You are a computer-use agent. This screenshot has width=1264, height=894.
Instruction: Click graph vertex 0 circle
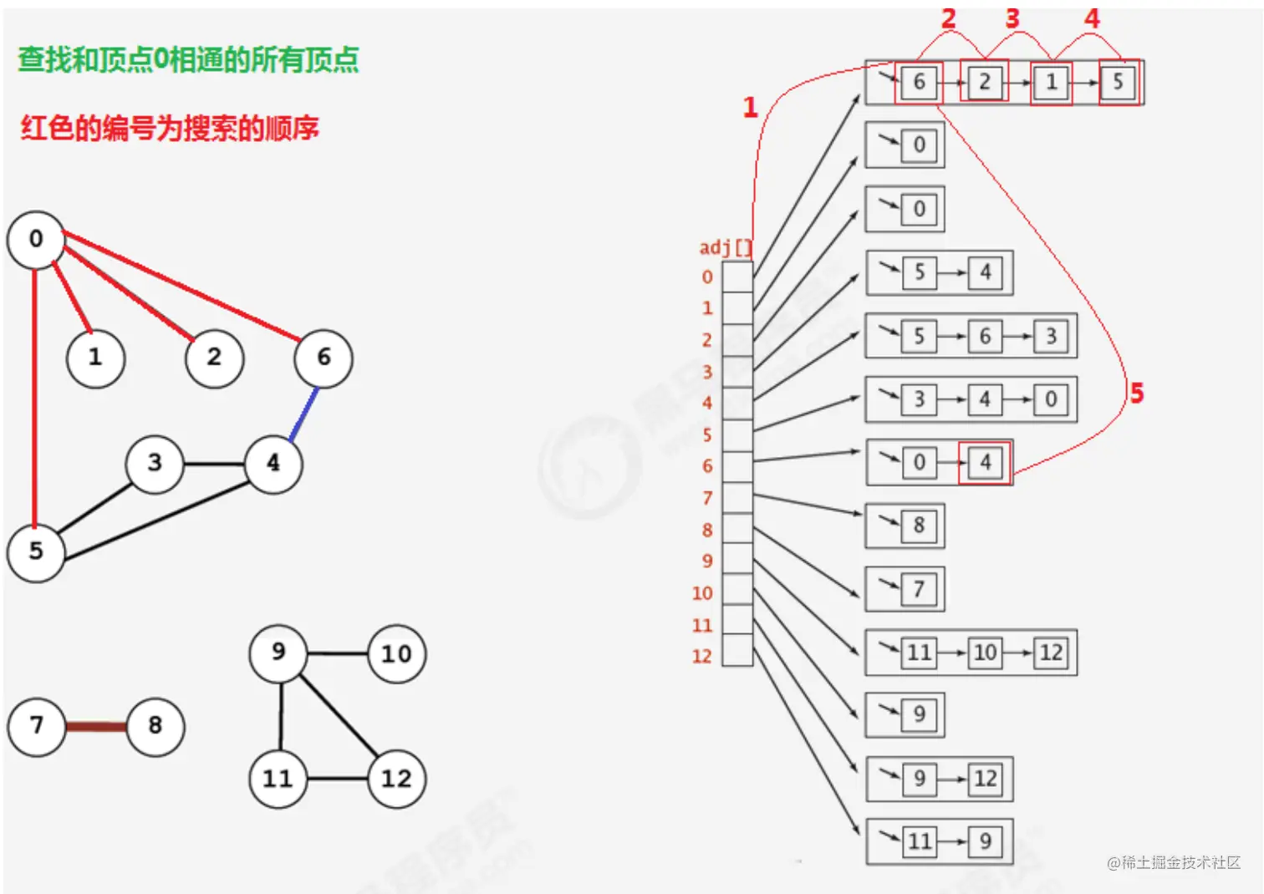click(x=36, y=240)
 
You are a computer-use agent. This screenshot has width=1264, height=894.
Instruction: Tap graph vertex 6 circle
click(x=324, y=358)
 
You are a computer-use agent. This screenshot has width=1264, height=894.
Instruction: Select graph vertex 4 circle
click(x=273, y=463)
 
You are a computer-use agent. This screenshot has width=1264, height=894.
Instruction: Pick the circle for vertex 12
click(x=396, y=779)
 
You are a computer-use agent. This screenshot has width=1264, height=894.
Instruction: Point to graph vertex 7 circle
click(x=36, y=726)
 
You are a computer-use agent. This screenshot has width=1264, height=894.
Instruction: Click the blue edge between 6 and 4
click(x=303, y=414)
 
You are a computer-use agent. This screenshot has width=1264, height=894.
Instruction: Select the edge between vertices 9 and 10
click(x=337, y=653)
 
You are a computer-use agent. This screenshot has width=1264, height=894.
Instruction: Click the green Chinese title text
click(x=188, y=60)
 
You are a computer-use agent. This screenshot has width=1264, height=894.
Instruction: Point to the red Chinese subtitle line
click(x=170, y=128)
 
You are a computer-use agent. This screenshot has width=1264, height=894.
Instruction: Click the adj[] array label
click(x=725, y=247)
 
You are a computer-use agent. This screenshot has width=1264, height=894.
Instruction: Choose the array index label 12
click(x=702, y=657)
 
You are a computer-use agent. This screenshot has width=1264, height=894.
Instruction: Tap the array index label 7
click(x=707, y=499)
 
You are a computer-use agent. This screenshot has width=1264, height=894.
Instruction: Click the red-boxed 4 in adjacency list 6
click(x=985, y=462)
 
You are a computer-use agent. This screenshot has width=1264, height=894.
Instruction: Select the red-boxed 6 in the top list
click(x=918, y=82)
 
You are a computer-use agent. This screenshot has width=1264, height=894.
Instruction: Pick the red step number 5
click(x=1136, y=393)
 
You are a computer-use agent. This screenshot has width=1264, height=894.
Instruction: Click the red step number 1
click(x=750, y=107)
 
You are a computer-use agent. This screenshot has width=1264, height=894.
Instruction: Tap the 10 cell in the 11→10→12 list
click(x=985, y=653)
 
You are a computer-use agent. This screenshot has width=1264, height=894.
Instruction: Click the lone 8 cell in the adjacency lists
click(x=919, y=526)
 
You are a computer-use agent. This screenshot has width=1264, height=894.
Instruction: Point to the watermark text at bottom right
click(x=1174, y=862)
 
